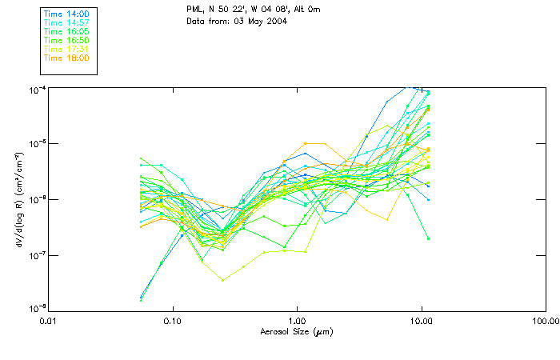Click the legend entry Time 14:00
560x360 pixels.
66,14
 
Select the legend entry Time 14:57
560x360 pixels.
66,22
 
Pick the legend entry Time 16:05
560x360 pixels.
66,31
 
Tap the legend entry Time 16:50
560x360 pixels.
66,40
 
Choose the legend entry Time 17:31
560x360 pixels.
66,49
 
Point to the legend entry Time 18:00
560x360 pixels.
66,58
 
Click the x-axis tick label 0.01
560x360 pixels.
50,322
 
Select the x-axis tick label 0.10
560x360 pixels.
173,322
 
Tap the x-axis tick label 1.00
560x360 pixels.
298,322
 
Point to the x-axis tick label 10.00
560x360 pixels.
422,322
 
